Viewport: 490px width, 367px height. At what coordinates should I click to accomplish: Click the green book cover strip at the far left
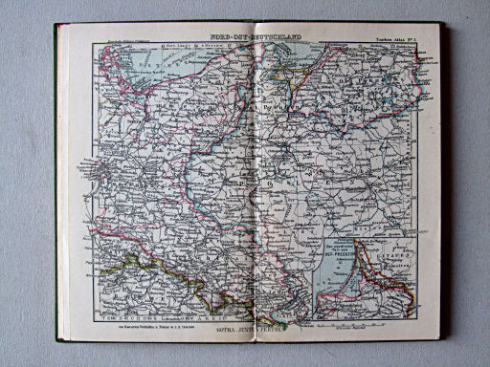tap(57, 191)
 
